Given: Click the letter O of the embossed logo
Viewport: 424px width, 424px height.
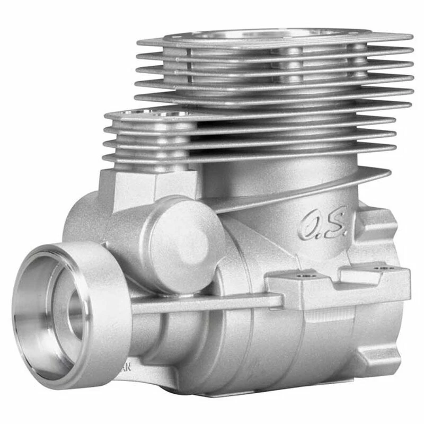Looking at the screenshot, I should [x=308, y=226].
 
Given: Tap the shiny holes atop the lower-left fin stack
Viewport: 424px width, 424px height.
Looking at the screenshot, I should [x=159, y=113].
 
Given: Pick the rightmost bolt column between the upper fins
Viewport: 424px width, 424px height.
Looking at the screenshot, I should [x=358, y=64].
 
